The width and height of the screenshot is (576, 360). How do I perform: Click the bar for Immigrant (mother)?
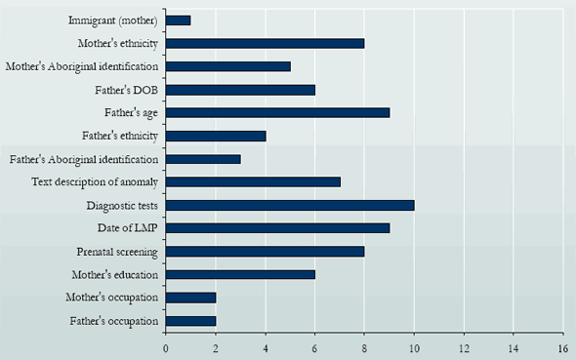(x=178, y=20)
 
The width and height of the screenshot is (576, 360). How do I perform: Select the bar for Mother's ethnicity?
(x=265, y=43)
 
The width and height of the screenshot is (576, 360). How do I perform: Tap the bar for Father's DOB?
(x=240, y=90)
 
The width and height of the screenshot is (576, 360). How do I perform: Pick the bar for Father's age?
(x=277, y=112)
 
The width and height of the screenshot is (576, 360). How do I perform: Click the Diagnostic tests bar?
(x=290, y=205)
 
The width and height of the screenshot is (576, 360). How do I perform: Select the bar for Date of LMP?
(x=277, y=228)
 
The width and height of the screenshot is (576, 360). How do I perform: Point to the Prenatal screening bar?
(x=265, y=252)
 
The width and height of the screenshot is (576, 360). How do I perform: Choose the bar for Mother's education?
(x=240, y=274)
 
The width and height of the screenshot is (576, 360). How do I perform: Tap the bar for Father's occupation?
(x=190, y=321)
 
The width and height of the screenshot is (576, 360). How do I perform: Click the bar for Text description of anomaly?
(x=253, y=181)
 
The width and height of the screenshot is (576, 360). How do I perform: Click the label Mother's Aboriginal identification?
(x=82, y=66)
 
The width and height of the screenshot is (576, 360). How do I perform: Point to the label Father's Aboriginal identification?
(x=84, y=159)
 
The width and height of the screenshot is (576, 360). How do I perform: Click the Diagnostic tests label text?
(x=122, y=205)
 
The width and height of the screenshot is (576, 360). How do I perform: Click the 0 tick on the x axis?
(x=165, y=346)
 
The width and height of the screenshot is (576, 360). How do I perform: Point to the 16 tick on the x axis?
(x=562, y=346)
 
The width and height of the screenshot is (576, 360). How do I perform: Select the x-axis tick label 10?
(x=414, y=346)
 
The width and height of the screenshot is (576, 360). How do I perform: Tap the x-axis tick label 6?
(x=314, y=346)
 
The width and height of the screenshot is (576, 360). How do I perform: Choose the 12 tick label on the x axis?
(x=463, y=346)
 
